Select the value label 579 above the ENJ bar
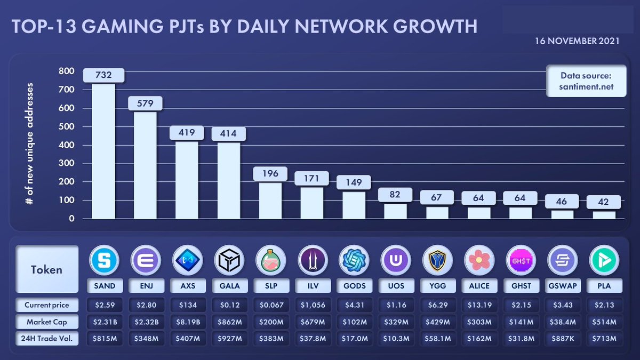point(145,103)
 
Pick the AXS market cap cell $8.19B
point(187,322)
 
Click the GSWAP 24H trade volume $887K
point(562,339)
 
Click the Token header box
point(47,269)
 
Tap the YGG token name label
point(437,286)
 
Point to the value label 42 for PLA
point(603,202)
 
